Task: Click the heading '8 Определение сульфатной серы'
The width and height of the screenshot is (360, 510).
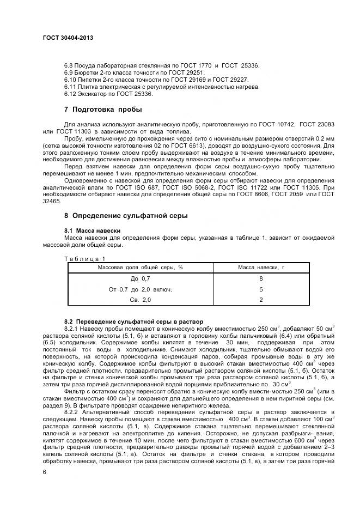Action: [126, 216]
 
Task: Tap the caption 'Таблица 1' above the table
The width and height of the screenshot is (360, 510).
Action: [84, 258]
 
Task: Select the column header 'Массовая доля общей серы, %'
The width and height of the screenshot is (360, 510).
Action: [140, 268]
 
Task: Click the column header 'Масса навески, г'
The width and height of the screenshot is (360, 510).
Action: [261, 268]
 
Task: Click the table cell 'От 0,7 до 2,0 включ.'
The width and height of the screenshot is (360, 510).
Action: [141, 289]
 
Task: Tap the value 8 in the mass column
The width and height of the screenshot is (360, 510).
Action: [261, 278]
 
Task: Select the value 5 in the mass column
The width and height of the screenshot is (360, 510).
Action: [261, 289]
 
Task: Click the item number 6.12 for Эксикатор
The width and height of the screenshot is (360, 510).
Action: [70, 94]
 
